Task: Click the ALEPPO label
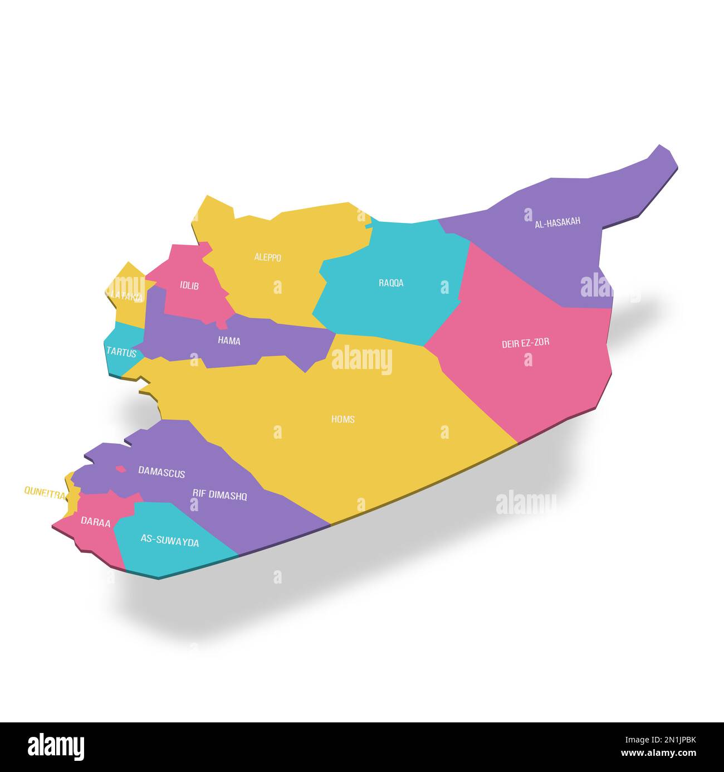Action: pos(267,258)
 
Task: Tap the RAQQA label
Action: pos(391,283)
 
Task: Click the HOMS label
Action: pos(343,419)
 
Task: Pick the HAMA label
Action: pos(229,341)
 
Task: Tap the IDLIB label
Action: pos(189,286)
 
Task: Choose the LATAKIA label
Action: pos(126,297)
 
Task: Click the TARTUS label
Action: pos(121,352)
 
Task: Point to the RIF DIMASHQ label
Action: pos(219,494)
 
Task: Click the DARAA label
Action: pos(95,522)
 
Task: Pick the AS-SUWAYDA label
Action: pos(169,541)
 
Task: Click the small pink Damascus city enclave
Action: pos(120,469)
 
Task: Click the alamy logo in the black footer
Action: pos(56,747)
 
